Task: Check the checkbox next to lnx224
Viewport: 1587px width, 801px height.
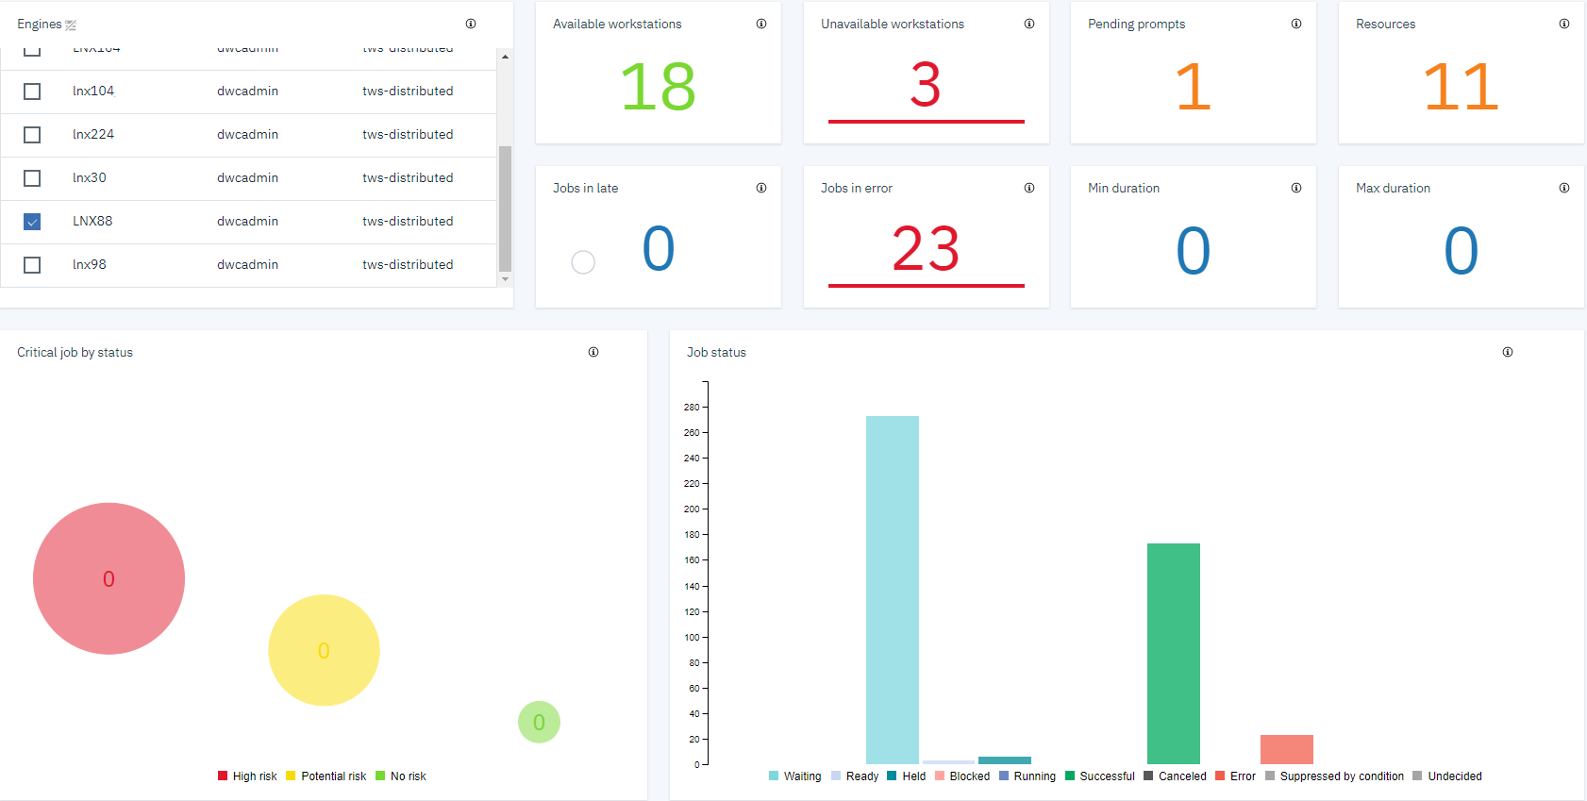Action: click(32, 135)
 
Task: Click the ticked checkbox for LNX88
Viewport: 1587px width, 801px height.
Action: click(32, 222)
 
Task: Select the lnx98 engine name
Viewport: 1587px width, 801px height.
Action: click(90, 265)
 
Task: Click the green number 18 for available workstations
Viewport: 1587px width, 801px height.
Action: click(658, 87)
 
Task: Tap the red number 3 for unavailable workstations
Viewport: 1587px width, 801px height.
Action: click(925, 85)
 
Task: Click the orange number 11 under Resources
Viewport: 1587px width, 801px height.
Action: click(1460, 87)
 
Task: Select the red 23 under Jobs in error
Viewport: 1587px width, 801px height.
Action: click(925, 249)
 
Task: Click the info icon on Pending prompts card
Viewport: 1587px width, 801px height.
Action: click(1296, 25)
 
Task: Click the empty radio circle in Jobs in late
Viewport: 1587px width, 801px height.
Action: click(583, 262)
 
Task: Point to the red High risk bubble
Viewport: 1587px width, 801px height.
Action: click(109, 578)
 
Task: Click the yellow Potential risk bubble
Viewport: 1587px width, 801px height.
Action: click(324, 650)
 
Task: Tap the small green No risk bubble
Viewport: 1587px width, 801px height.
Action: click(539, 723)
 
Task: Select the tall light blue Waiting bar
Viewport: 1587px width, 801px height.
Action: click(892, 590)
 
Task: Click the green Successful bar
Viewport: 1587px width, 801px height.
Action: click(1173, 653)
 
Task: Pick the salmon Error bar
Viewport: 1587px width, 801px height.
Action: click(1286, 749)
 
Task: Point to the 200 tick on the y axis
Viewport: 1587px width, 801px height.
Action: click(693, 509)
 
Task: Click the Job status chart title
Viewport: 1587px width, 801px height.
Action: click(716, 353)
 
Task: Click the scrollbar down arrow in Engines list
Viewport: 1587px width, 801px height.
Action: click(506, 279)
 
